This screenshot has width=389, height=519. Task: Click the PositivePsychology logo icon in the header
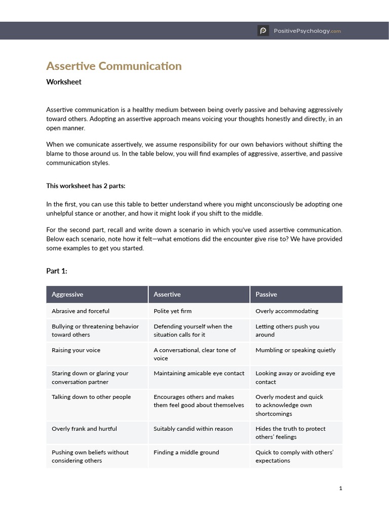263,31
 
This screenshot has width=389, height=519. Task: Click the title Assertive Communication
113,66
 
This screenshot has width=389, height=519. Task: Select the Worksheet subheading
64,82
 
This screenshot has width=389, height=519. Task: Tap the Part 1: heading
57,271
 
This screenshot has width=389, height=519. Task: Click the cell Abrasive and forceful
81,311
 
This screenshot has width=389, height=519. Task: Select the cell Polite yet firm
173,311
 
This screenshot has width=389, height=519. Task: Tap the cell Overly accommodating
287,311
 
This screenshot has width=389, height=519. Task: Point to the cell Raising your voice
76,350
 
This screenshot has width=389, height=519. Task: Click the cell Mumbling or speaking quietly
295,350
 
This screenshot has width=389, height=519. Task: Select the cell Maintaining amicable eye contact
199,374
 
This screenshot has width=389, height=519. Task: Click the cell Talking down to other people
91,397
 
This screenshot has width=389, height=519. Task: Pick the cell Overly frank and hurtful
84,429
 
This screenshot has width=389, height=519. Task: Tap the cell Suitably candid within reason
193,429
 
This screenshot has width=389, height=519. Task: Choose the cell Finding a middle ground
186,452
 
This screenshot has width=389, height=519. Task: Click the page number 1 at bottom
340,488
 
